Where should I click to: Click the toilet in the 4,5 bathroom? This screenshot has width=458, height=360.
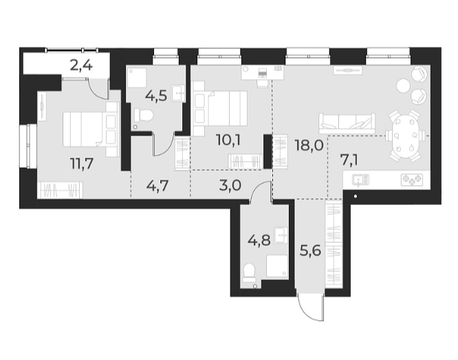(142, 117)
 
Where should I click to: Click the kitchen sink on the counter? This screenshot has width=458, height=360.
(359, 180)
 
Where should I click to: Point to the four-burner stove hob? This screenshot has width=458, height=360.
(413, 180)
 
